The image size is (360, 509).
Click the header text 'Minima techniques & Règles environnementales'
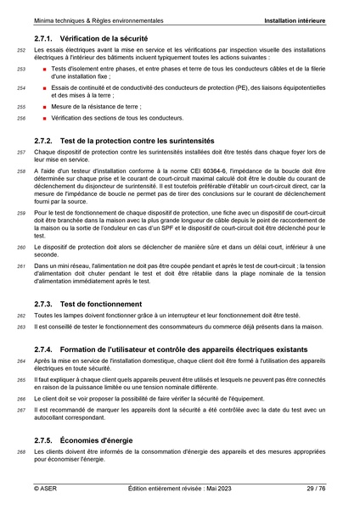[99, 18]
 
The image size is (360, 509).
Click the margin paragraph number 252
[21, 52]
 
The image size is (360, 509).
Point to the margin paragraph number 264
[21, 361]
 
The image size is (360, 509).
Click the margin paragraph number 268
[21, 454]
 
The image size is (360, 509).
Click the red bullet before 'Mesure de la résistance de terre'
[42, 107]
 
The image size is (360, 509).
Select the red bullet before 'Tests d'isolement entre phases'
[42, 67]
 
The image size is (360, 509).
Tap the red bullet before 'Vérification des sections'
[42, 119]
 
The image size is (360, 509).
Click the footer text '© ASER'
[45, 489]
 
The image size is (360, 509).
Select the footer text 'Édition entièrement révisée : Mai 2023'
[180, 489]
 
